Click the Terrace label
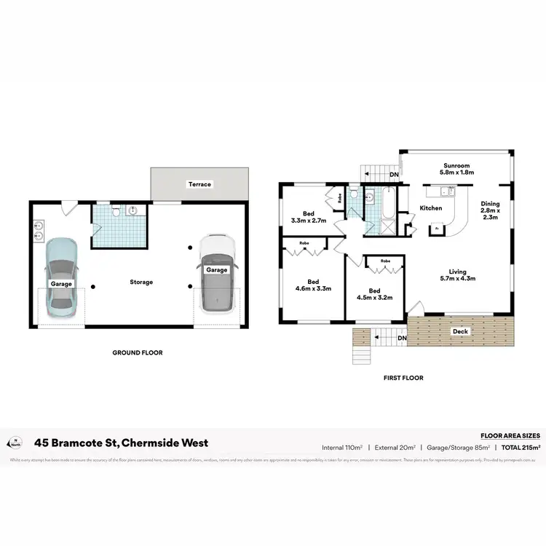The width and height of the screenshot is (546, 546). click(x=199, y=184)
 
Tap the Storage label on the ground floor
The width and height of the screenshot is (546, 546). click(x=141, y=282)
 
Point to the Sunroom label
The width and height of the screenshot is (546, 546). click(x=457, y=168)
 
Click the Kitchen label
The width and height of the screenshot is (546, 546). click(x=431, y=208)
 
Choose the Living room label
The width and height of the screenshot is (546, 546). click(x=458, y=273)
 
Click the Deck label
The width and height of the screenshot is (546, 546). click(x=460, y=331)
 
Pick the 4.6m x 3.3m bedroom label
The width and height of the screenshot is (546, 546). click(x=313, y=285)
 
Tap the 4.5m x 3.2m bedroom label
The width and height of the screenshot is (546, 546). click(x=374, y=293)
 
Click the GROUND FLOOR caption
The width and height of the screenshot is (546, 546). click(x=137, y=352)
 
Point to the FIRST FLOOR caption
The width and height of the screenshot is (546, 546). click(x=403, y=378)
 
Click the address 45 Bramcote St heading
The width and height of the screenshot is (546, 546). click(x=122, y=443)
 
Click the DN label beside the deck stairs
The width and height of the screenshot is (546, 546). click(x=401, y=338)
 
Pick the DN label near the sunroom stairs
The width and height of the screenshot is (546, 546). click(x=394, y=175)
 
